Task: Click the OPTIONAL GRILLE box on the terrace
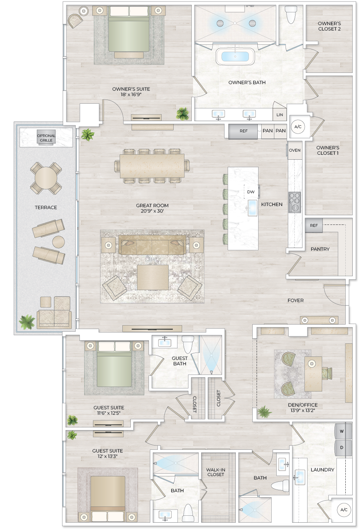pyautogui.click(x=46, y=138)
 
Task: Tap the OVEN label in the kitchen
pyautogui.click(x=294, y=150)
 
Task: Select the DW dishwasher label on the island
pyautogui.click(x=251, y=192)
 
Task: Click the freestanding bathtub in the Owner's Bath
pyautogui.click(x=235, y=56)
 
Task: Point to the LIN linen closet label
pyautogui.click(x=280, y=115)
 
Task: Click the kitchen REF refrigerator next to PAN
pyautogui.click(x=243, y=131)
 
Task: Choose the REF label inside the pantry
pyautogui.click(x=314, y=226)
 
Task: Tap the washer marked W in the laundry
pyautogui.click(x=342, y=431)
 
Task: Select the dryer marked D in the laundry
pyautogui.click(x=342, y=448)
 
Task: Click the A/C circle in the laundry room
pyautogui.click(x=343, y=510)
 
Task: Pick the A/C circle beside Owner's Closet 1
pyautogui.click(x=298, y=127)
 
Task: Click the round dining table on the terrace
pyautogui.click(x=46, y=178)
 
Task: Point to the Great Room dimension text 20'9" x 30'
pyautogui.click(x=152, y=211)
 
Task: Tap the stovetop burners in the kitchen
pyautogui.click(x=294, y=202)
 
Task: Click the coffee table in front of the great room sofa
pyautogui.click(x=152, y=277)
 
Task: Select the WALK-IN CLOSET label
pyautogui.click(x=216, y=472)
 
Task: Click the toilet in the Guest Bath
pyautogui.click(x=188, y=344)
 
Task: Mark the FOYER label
pyautogui.click(x=296, y=300)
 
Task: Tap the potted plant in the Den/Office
pyautogui.click(x=265, y=412)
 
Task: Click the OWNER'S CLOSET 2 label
pyautogui.click(x=329, y=26)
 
